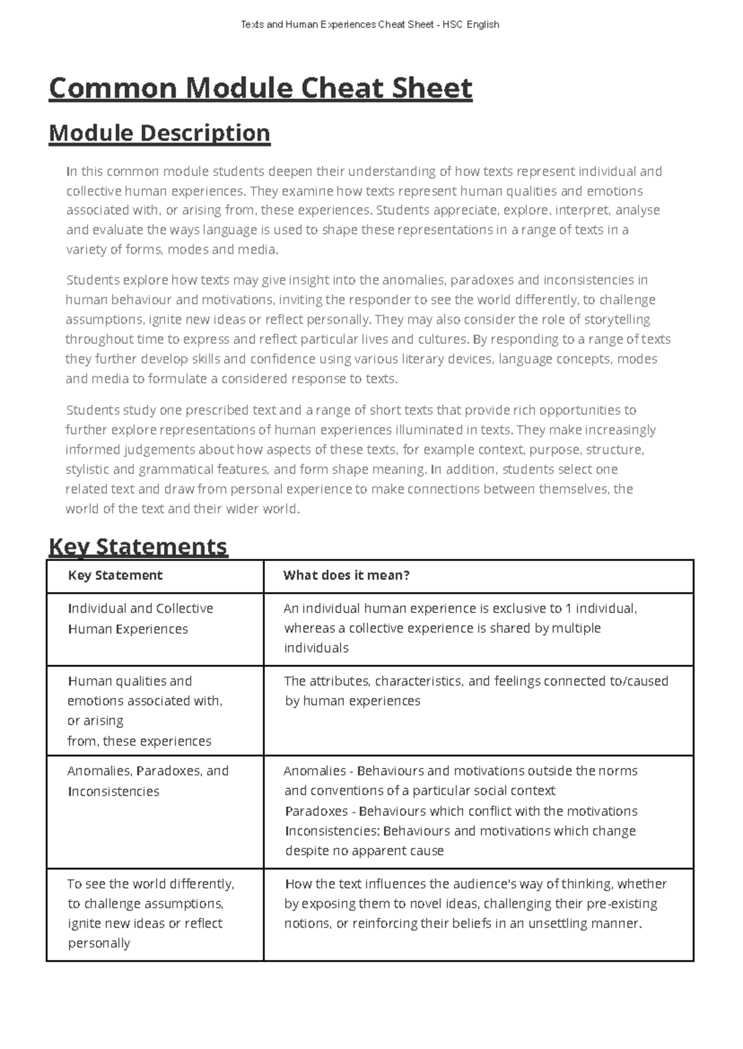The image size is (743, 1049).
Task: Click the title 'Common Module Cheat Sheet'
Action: pyautogui.click(x=260, y=88)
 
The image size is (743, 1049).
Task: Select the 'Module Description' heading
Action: pyautogui.click(x=159, y=133)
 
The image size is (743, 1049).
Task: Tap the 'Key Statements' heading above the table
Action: pyautogui.click(x=137, y=546)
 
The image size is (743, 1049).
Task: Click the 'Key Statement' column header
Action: pyautogui.click(x=115, y=575)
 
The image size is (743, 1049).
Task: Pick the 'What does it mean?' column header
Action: pyautogui.click(x=346, y=575)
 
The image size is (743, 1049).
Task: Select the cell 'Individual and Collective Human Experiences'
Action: pyautogui.click(x=140, y=619)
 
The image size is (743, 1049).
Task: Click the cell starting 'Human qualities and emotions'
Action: pyautogui.click(x=144, y=710)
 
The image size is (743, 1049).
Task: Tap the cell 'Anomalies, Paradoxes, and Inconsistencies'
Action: pyautogui.click(x=147, y=781)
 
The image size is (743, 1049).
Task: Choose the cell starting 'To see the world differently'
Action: pyautogui.click(x=150, y=913)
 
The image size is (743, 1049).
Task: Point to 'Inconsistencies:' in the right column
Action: pyautogui.click(x=332, y=831)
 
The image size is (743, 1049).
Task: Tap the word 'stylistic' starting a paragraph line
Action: pyautogui.click(x=87, y=469)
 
